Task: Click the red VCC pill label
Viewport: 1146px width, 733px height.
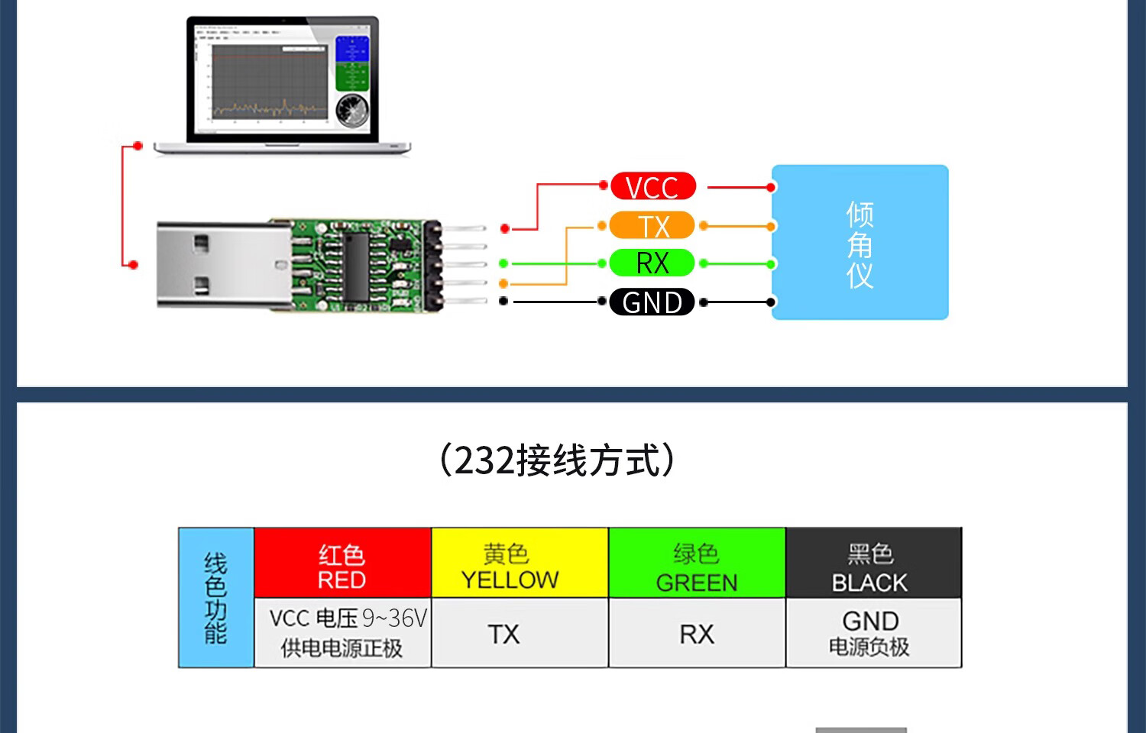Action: pos(652,186)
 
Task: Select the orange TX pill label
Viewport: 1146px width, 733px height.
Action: pos(652,226)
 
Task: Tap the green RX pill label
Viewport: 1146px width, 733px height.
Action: pos(652,263)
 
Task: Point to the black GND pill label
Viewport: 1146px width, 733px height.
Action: pos(652,302)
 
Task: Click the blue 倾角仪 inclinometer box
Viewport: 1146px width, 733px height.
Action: pos(859,242)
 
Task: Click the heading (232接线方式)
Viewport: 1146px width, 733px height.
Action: pos(557,460)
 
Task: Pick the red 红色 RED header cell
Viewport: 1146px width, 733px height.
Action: pos(342,563)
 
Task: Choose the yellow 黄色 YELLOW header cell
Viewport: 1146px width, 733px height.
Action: pos(520,563)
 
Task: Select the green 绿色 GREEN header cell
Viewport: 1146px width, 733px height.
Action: pos(697,563)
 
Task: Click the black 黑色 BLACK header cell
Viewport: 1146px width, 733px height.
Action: pos(873,563)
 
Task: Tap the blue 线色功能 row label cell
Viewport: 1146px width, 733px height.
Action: pos(216,598)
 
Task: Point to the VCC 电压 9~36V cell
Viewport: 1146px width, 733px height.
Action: pos(342,633)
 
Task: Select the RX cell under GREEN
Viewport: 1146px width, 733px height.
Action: pos(697,633)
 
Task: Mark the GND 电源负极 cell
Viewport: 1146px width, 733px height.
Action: pos(873,633)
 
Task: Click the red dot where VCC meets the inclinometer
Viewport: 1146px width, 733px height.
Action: pos(771,187)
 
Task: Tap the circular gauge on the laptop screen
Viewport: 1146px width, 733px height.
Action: pos(351,110)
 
